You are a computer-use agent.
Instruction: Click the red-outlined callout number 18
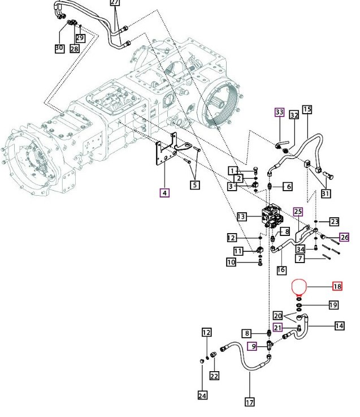tap(337, 286)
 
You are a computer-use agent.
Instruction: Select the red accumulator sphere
tap(299, 287)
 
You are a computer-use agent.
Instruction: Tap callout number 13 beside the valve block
tap(241, 217)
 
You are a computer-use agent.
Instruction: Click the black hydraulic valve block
tap(272, 216)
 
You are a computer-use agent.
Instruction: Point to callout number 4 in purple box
tap(164, 192)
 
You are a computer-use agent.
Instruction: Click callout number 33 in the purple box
tap(280, 112)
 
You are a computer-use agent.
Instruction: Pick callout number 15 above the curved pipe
tap(307, 109)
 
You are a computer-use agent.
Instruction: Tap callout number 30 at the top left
tap(59, 48)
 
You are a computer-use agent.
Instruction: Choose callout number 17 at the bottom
tap(249, 402)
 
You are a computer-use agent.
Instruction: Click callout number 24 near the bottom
tap(202, 395)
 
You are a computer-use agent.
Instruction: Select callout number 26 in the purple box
tap(344, 237)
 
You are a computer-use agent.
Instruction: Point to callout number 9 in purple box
tap(253, 346)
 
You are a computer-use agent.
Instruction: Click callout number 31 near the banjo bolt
tap(326, 194)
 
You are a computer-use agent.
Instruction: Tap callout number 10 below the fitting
tap(231, 262)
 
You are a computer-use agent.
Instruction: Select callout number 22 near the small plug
tap(214, 376)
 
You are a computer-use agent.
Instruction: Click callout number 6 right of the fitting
tap(289, 186)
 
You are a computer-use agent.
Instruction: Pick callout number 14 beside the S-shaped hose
tap(339, 326)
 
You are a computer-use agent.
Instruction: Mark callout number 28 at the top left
tap(75, 49)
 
